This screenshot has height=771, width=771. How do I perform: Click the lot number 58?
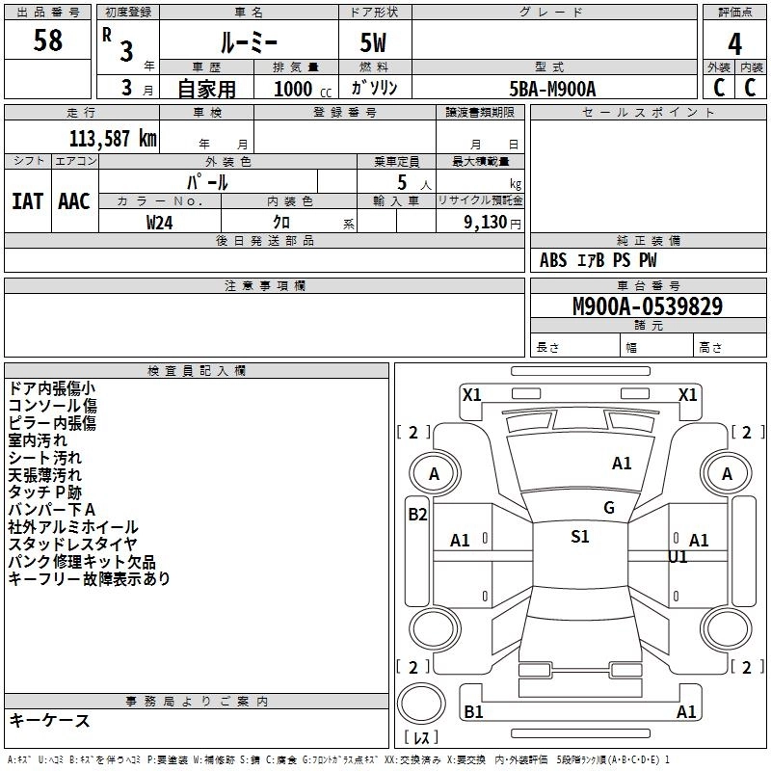coord(48,41)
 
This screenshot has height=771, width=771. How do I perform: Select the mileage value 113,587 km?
coord(113,138)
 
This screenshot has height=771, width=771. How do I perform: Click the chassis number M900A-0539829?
coord(648,306)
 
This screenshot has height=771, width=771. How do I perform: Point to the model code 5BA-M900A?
coord(553,89)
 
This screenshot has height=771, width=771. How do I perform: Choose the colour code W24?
coord(160,222)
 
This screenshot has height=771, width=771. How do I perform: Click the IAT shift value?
coord(27,200)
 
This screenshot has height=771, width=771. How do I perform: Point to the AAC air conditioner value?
coord(74,200)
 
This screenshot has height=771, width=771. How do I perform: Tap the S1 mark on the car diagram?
coord(580,537)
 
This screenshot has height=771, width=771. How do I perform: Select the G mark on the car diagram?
coord(609,508)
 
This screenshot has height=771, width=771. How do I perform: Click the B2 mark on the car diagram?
coord(417,514)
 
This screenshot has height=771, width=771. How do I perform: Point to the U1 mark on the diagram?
coord(678,557)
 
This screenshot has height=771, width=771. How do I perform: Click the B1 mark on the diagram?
coord(473,711)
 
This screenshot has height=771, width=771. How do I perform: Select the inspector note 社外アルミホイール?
coord(73,527)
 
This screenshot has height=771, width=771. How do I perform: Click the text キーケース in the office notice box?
coord(49,720)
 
